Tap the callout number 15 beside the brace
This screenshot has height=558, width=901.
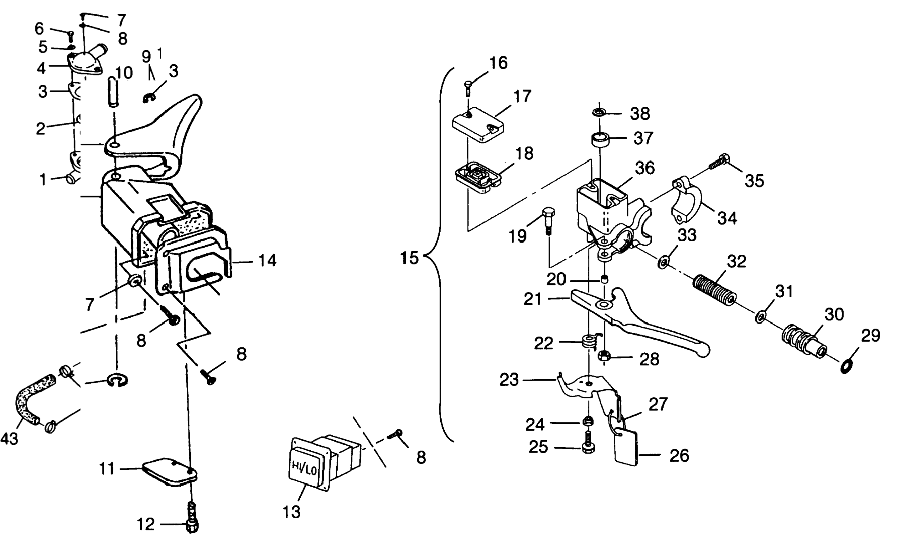(410, 258)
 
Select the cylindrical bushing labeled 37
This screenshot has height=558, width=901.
(598, 141)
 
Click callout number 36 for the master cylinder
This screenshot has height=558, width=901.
(645, 168)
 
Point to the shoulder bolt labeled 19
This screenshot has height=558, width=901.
(548, 220)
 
